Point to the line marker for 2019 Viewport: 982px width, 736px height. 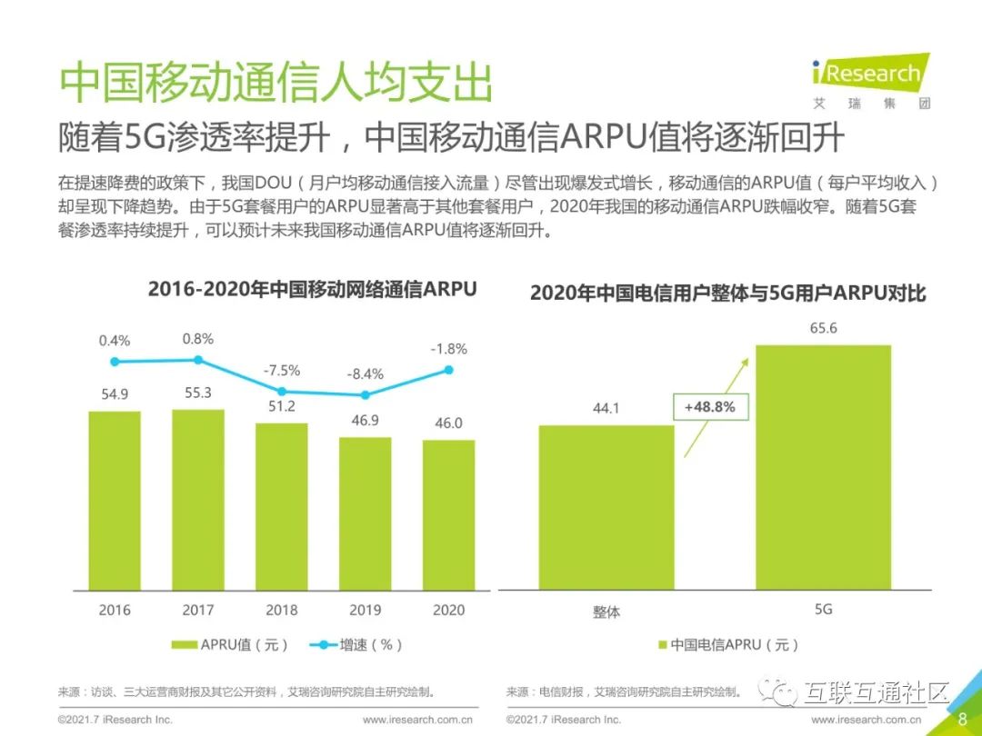point(366,394)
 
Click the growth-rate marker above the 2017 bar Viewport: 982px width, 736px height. point(198,360)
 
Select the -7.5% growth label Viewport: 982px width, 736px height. point(282,371)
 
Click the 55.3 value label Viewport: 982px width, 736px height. point(198,393)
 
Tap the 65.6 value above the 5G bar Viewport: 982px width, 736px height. point(823,328)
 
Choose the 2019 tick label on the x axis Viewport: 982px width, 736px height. point(366,610)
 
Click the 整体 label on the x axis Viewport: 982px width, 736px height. point(606,612)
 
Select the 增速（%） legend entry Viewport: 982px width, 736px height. point(356,644)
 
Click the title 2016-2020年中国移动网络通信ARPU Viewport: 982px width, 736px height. point(312,290)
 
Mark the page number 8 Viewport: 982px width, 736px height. point(962,719)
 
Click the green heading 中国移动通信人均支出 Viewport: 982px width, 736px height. point(276,84)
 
